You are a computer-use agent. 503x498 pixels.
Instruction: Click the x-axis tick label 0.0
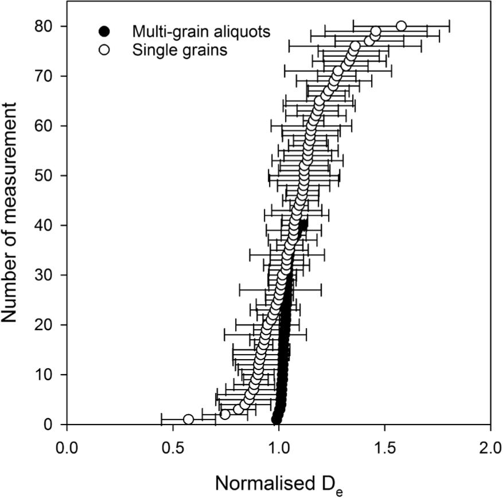[x=67, y=446]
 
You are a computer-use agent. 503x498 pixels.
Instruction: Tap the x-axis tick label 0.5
[x=173, y=446]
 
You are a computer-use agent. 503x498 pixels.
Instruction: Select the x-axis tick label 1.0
[x=279, y=446]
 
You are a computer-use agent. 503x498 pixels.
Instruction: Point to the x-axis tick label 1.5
[x=384, y=446]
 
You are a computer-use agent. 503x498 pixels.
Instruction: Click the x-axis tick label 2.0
[x=490, y=446]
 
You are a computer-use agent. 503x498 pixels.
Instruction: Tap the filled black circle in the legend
[x=104, y=31]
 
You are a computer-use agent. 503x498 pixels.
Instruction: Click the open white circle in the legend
[x=104, y=50]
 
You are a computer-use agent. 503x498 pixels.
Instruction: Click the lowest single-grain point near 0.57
[x=188, y=419]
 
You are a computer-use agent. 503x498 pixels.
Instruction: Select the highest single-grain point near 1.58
[x=401, y=26]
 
